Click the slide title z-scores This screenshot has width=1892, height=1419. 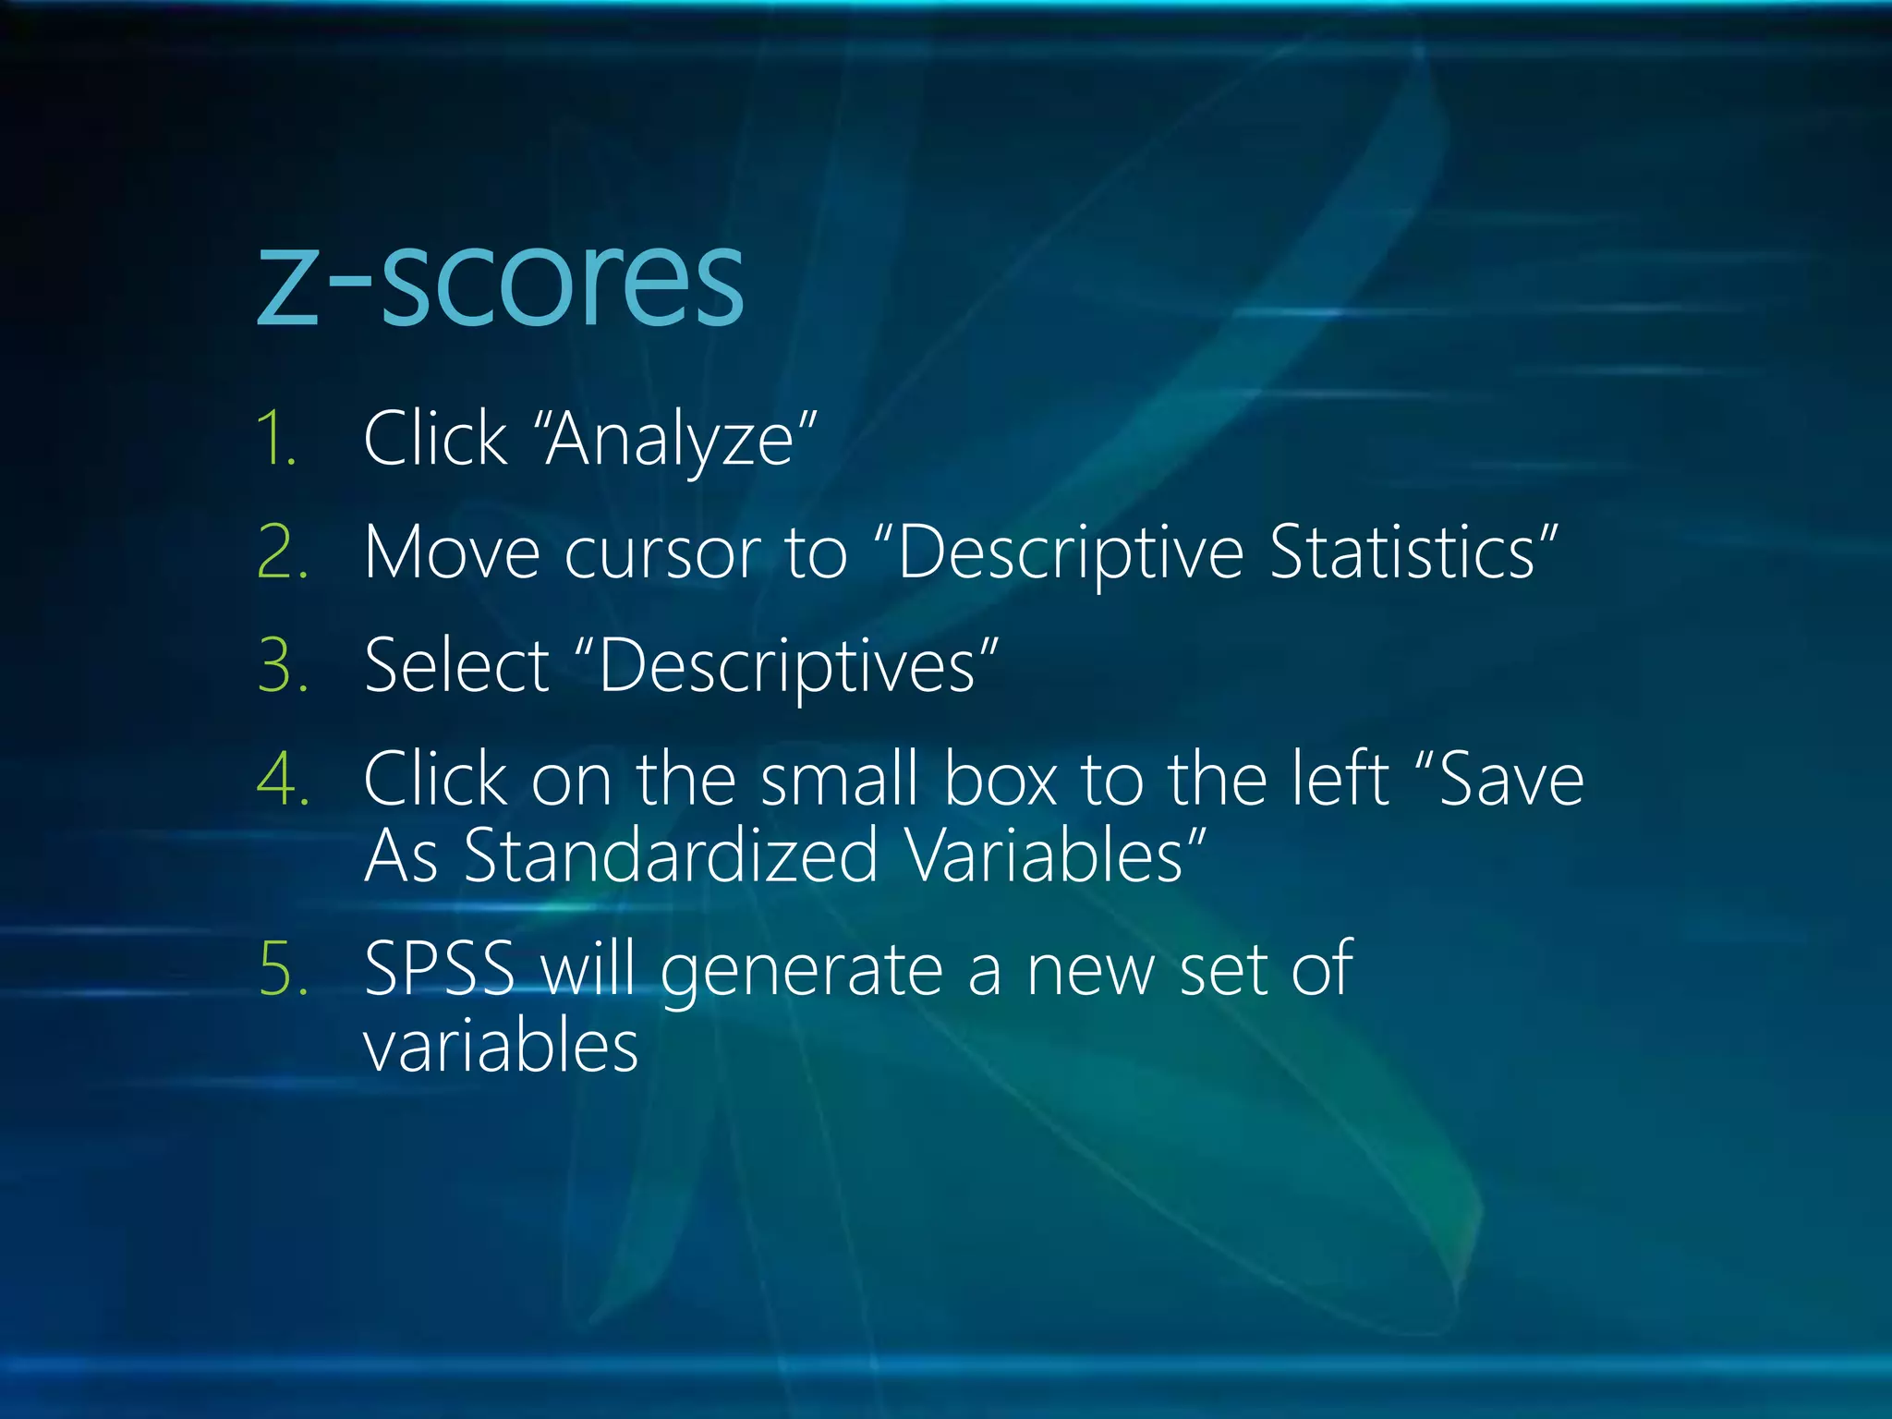click(x=500, y=280)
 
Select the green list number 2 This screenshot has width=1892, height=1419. click(x=282, y=552)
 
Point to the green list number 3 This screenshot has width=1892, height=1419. click(x=282, y=665)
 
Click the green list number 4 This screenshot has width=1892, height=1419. click(x=282, y=780)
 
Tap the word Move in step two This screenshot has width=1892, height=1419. click(x=452, y=552)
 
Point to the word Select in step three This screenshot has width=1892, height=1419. click(x=457, y=665)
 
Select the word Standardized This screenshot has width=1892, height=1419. click(x=671, y=855)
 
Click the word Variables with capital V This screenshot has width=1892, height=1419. click(x=1044, y=855)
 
